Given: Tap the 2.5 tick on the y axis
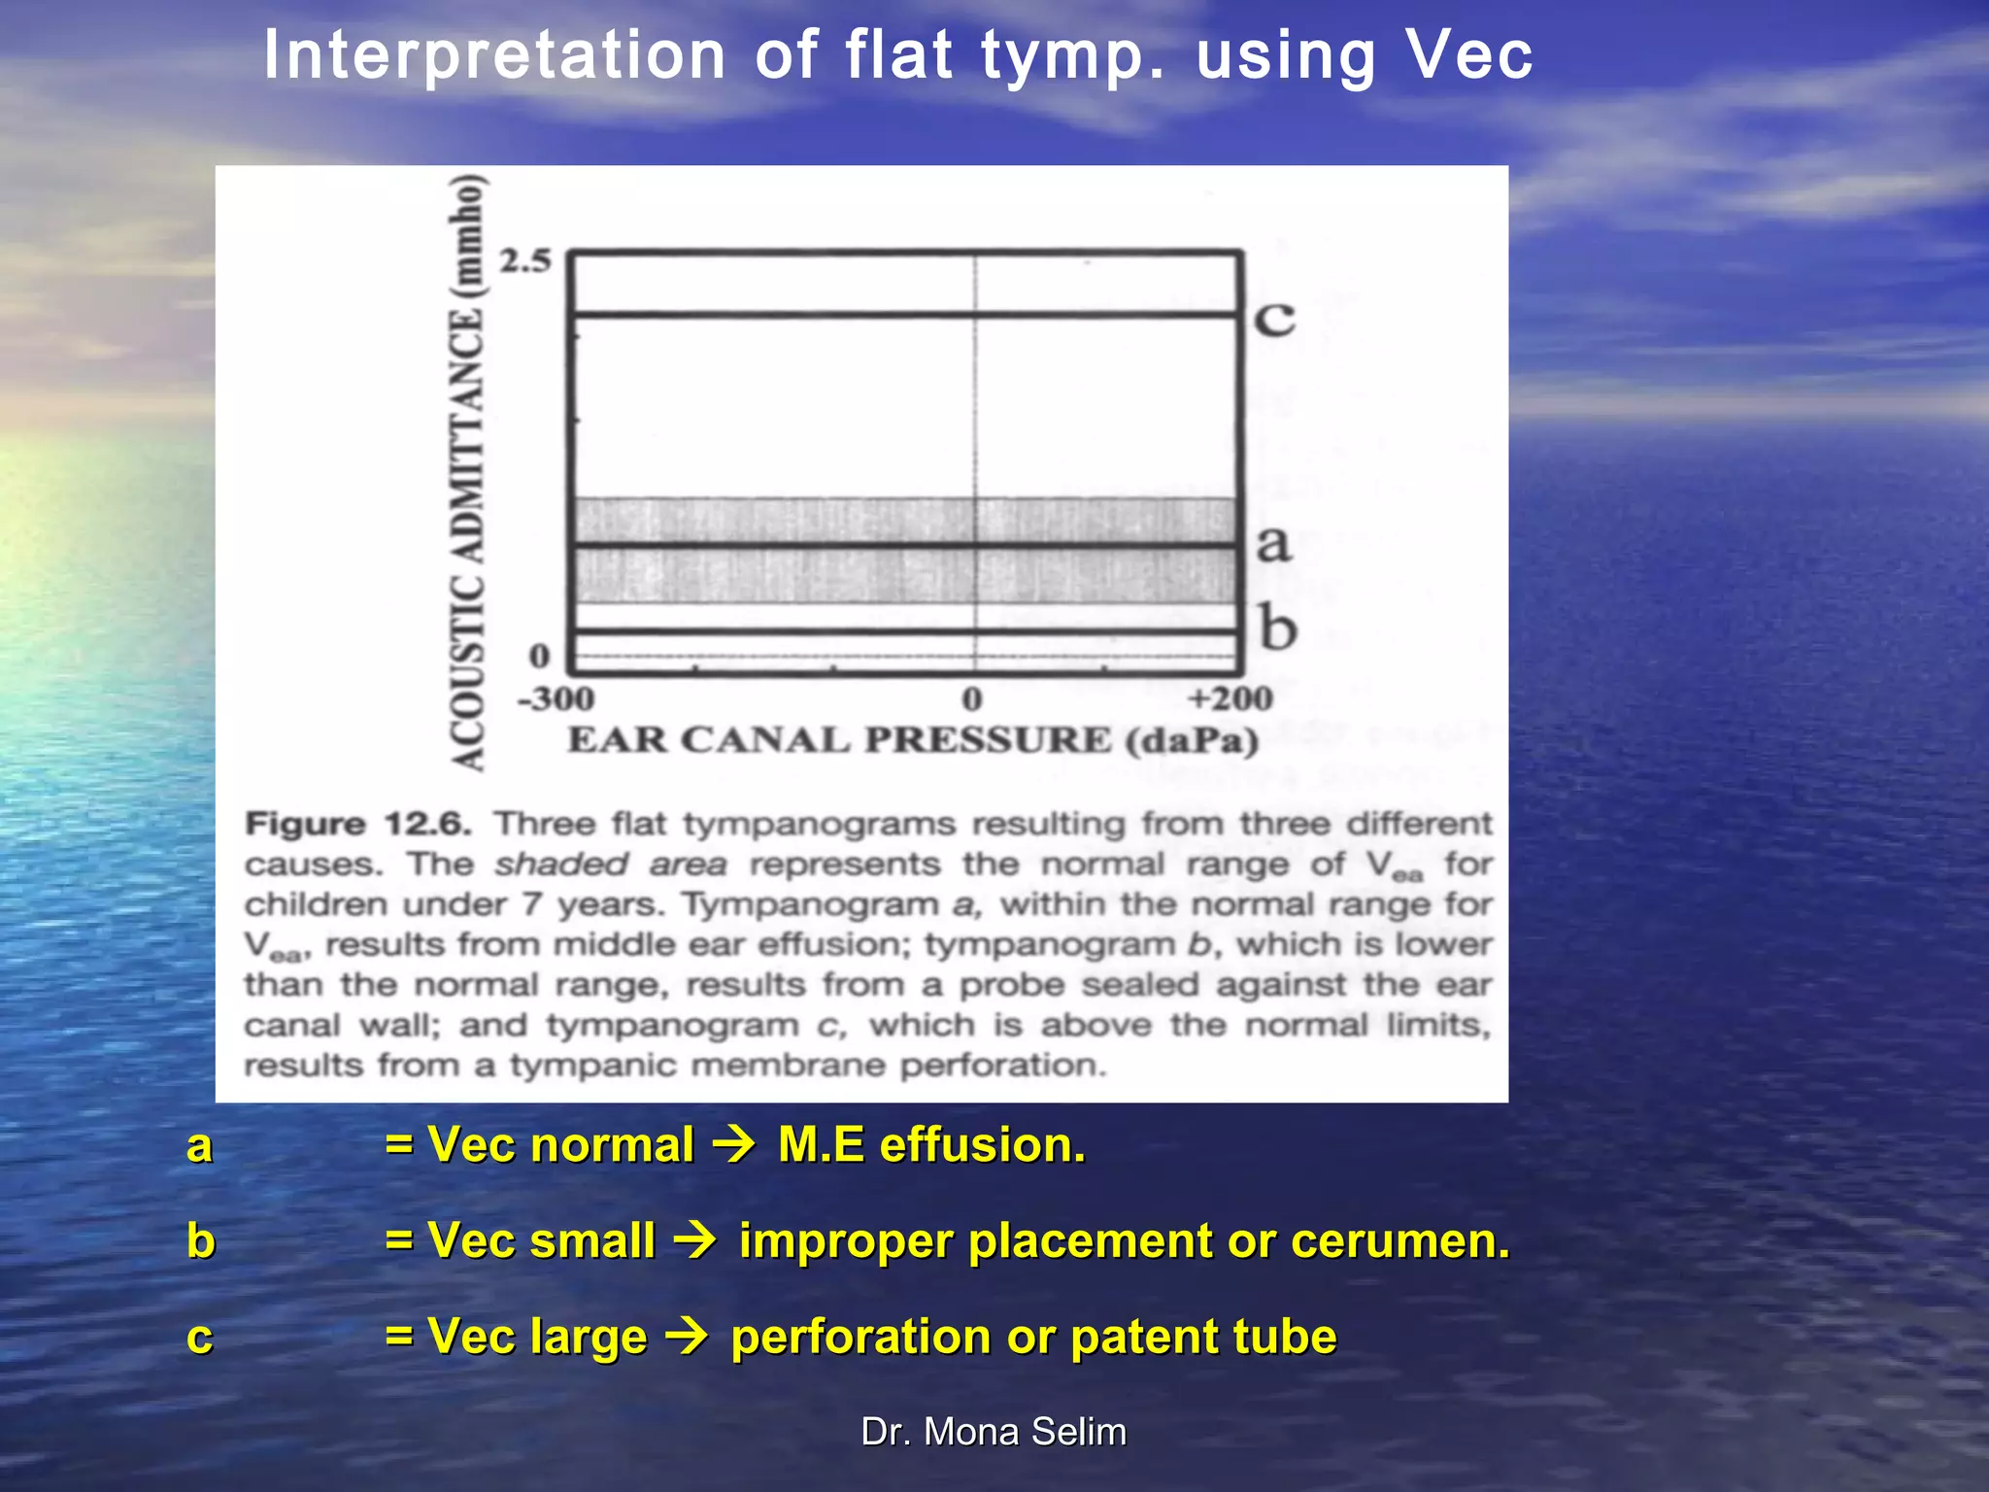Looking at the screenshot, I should tap(524, 261).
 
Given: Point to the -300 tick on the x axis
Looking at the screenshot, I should tap(556, 698).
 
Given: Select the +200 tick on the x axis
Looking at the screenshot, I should tap(1230, 698).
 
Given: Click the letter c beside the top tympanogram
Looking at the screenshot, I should tap(1274, 319).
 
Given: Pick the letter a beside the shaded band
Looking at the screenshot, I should tap(1273, 544).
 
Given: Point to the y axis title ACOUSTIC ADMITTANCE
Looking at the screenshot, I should tap(469, 473).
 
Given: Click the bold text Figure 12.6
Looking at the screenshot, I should tap(358, 824).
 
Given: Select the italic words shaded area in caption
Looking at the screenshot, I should tap(610, 864).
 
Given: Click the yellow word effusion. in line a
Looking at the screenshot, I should tap(982, 1145).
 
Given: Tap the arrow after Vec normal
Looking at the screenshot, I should tap(735, 1145).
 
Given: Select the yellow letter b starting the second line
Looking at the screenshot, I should tap(200, 1241).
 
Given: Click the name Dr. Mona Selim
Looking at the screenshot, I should tap(994, 1432).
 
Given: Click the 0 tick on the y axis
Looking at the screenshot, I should tap(539, 658).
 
